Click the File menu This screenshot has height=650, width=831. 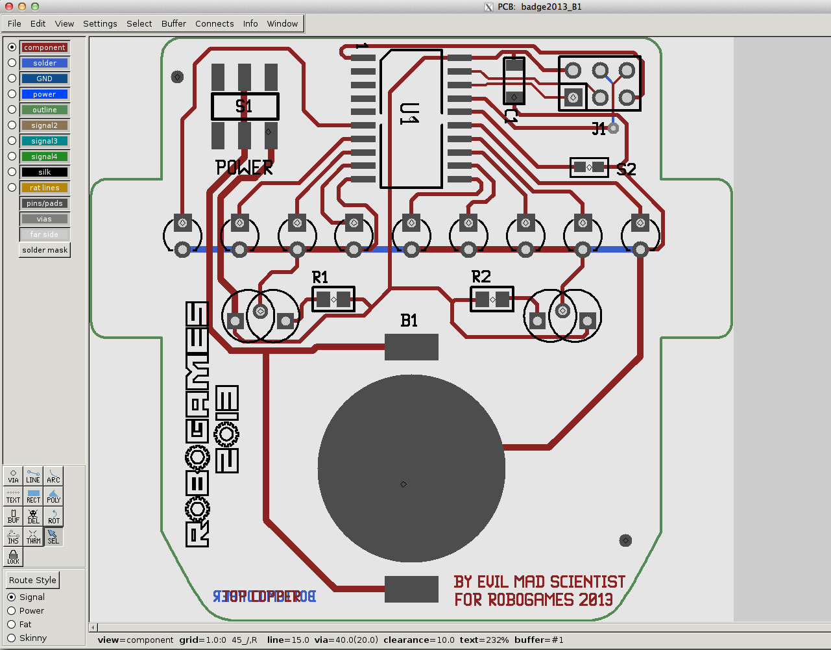tap(14, 23)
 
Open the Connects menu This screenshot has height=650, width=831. tap(214, 23)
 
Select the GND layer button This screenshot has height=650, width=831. tap(45, 79)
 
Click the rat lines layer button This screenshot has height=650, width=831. tap(45, 188)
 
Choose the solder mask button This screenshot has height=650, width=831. tap(45, 250)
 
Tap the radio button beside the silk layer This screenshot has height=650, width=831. tap(12, 172)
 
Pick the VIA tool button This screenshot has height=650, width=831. tap(14, 476)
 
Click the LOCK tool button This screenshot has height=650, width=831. tap(14, 556)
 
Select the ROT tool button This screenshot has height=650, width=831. tap(54, 516)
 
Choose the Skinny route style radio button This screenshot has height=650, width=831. tap(12, 638)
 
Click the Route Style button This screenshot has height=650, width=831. tap(32, 580)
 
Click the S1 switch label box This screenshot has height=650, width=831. tap(245, 106)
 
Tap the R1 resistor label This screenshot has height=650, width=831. tap(320, 277)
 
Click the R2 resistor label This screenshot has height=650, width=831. tap(481, 277)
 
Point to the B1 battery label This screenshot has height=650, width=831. tap(409, 320)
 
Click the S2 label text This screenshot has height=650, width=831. tap(626, 169)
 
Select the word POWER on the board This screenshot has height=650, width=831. tap(244, 168)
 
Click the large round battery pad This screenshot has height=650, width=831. tap(411, 468)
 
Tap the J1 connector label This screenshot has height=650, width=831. tap(599, 129)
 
